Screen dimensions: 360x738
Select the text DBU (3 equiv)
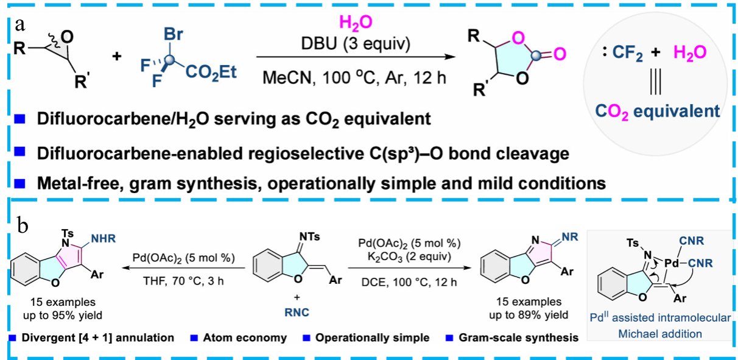(356, 44)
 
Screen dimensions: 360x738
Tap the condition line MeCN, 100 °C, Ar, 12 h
(356, 77)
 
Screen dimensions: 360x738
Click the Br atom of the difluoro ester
(174, 35)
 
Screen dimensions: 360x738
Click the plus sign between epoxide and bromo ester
(116, 57)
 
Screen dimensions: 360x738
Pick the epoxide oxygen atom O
(66, 37)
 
